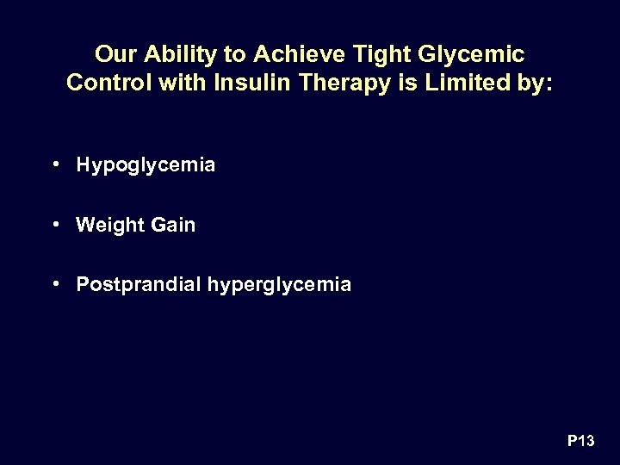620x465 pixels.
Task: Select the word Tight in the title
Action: [x=358, y=55]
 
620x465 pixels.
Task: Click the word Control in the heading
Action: [x=105, y=84]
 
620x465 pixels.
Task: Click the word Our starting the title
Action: [x=115, y=55]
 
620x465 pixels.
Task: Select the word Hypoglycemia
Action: [x=146, y=165]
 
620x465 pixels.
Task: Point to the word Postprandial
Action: [x=139, y=284]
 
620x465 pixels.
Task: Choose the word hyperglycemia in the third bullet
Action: [x=279, y=285]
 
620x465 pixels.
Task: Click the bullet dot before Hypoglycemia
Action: [x=55, y=164]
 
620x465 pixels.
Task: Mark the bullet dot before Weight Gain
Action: [x=55, y=224]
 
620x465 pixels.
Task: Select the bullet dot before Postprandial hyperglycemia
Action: [x=55, y=283]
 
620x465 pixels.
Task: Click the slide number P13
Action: [x=580, y=442]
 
